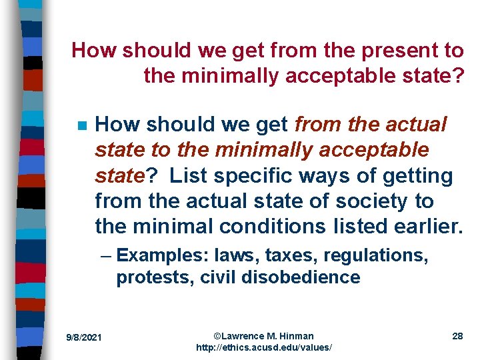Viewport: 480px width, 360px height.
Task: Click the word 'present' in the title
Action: pyautogui.click(x=407, y=51)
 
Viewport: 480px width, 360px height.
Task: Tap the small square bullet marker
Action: pyautogui.click(x=82, y=126)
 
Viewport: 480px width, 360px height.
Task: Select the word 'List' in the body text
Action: pyautogui.click(x=189, y=176)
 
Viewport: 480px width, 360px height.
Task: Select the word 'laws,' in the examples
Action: pyautogui.click(x=229, y=256)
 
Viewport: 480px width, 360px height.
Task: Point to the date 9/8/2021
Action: pyautogui.click(x=83, y=338)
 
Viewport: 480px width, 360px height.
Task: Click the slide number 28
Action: pyautogui.click(x=457, y=336)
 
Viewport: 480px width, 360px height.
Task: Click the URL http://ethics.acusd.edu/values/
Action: pyautogui.click(x=263, y=348)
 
